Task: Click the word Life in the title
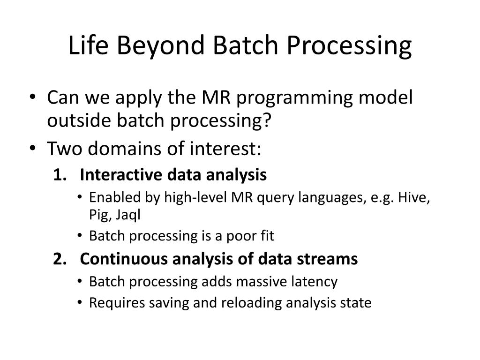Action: [88, 45]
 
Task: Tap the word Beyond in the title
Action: [160, 46]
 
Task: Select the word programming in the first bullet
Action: [294, 99]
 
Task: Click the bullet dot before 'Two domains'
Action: [33, 148]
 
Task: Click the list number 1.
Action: [60, 174]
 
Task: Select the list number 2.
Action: [60, 259]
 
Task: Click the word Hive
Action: [414, 198]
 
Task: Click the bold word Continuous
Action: [124, 259]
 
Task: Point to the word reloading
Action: [251, 303]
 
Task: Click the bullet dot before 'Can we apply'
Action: [33, 97]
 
